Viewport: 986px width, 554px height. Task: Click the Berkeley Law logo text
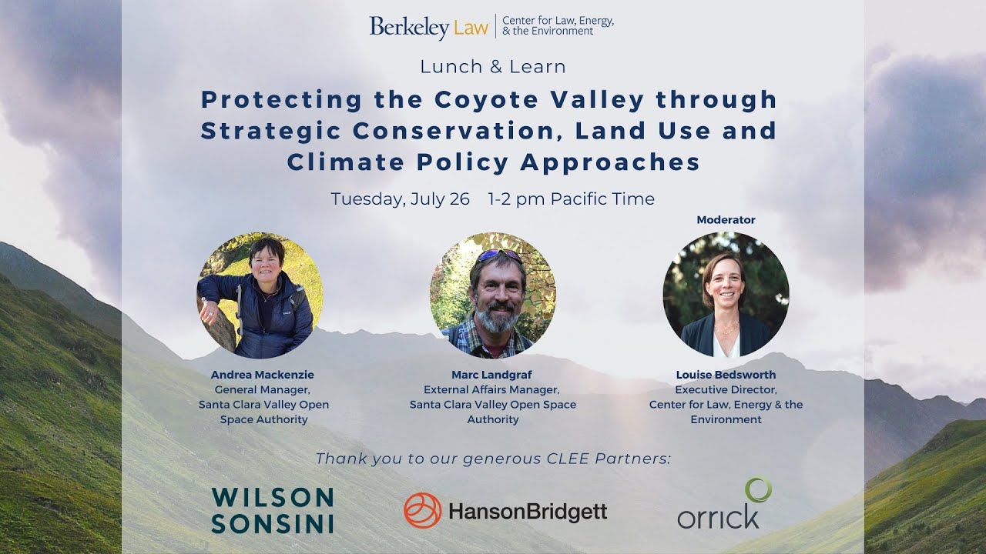tap(428, 27)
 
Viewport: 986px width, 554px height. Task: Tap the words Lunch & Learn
tap(493, 67)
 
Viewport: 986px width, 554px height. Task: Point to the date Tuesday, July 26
tap(400, 199)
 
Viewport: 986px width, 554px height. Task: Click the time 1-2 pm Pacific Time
tap(571, 199)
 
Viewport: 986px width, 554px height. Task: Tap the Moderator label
tap(726, 220)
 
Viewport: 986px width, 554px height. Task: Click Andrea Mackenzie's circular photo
tap(260, 295)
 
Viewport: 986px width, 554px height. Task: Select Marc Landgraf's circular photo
tap(493, 295)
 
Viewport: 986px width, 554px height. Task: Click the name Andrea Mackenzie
tap(263, 375)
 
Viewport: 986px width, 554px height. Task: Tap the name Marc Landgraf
tap(492, 375)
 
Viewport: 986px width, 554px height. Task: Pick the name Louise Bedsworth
tap(726, 375)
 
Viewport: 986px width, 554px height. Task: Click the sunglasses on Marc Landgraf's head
tap(498, 255)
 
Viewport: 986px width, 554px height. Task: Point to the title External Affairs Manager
tap(491, 390)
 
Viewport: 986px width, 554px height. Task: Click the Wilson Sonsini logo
tap(272, 510)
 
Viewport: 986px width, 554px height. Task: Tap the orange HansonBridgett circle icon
tap(422, 510)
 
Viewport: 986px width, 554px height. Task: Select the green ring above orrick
tap(758, 489)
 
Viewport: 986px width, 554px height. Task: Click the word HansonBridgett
tap(528, 512)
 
